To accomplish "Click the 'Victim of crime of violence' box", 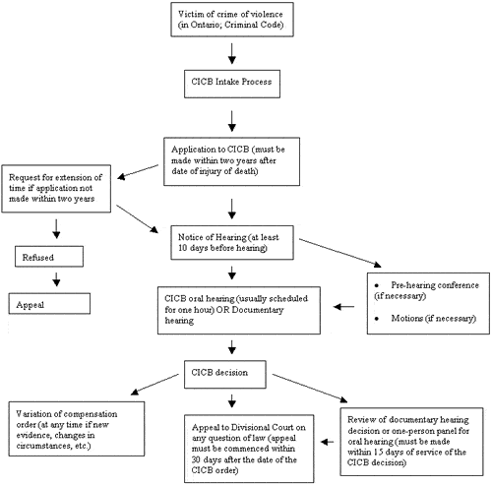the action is [232, 20].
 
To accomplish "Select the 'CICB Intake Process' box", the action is [232, 84].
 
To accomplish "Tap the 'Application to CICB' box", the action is [231, 161].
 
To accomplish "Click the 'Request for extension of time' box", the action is [56, 189].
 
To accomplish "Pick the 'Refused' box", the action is [49, 257].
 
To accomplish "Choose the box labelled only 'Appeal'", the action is [49, 304].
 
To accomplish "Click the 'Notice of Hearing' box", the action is [232, 243].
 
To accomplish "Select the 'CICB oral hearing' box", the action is [239, 311].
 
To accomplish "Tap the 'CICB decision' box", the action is [225, 375].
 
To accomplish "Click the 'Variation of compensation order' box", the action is [77, 429].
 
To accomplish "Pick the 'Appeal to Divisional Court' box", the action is [249, 449].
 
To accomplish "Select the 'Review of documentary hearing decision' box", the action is [411, 442].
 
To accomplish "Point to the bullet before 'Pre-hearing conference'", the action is [377, 285].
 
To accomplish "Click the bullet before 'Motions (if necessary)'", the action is [377, 319].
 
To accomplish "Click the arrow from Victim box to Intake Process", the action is [232, 53].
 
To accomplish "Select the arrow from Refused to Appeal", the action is [56, 279].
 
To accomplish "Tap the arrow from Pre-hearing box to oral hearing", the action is [343, 307].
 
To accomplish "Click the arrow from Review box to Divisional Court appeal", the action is [327, 442].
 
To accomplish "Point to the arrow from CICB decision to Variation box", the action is [154, 385].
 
